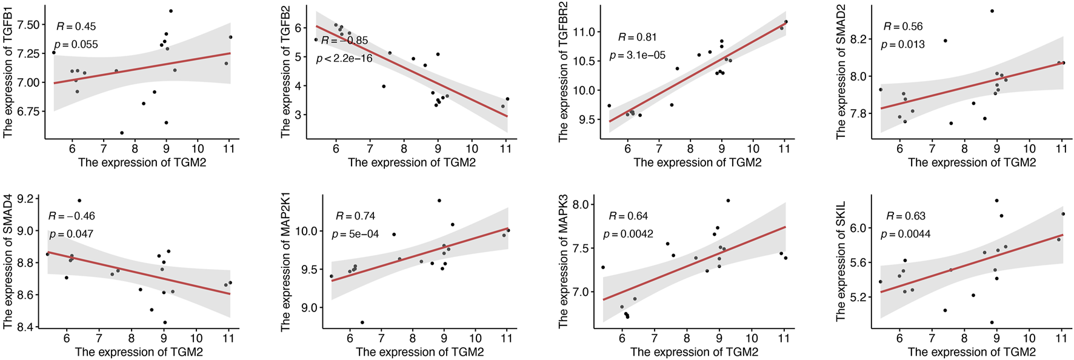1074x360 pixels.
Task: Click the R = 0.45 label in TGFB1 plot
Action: click(76, 27)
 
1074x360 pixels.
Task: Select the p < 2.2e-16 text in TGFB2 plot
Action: click(344, 59)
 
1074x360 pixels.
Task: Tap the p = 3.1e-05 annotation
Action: click(637, 55)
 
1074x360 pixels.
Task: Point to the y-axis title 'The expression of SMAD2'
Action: click(841, 72)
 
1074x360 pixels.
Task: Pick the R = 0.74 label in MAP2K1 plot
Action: click(355, 216)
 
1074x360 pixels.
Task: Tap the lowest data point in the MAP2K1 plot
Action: click(362, 322)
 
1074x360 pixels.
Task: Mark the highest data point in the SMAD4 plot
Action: click(79, 201)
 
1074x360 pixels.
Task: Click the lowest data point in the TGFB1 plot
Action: click(122, 133)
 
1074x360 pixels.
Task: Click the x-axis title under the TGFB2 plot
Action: click(412, 162)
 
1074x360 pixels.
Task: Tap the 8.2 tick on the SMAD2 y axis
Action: click(858, 39)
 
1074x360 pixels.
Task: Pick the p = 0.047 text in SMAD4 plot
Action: click(71, 235)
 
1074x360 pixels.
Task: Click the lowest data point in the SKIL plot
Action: click(992, 322)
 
